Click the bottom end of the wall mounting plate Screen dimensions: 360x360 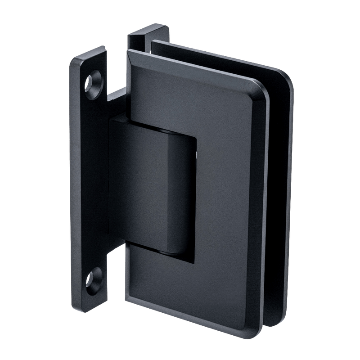pyautogui.click(x=94, y=306)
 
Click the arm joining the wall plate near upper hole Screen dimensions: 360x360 pyautogui.click(x=118, y=97)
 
